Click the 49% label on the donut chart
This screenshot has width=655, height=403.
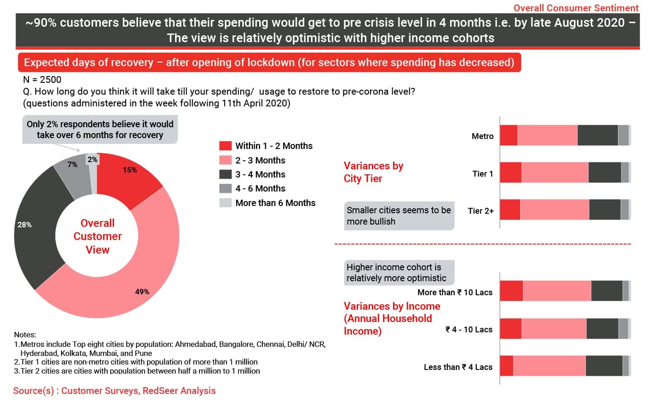pyautogui.click(x=142, y=292)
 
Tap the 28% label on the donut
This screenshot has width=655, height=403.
pyautogui.click(x=24, y=225)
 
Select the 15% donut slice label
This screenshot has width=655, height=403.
pyautogui.click(x=130, y=170)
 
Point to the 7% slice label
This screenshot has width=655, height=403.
pyautogui.click(x=72, y=164)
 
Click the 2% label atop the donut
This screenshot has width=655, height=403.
pyautogui.click(x=92, y=159)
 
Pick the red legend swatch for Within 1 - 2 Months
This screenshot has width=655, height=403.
pyautogui.click(x=225, y=146)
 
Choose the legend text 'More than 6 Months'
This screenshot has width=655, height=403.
pyautogui.click(x=275, y=203)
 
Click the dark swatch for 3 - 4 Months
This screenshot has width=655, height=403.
pyautogui.click(x=225, y=174)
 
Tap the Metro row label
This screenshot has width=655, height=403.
pyautogui.click(x=482, y=136)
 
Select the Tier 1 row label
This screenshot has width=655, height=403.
pyautogui.click(x=482, y=174)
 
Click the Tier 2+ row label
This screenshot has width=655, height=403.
pyautogui.click(x=480, y=211)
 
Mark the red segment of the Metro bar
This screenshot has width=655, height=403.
pyautogui.click(x=508, y=135)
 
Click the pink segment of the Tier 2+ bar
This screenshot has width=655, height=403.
pyautogui.click(x=555, y=210)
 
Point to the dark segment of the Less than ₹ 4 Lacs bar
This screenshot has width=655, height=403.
pyautogui.click(x=603, y=366)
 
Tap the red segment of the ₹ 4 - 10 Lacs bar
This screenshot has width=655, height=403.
pyautogui.click(x=511, y=329)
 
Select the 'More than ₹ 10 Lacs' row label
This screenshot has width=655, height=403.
pyautogui.click(x=455, y=293)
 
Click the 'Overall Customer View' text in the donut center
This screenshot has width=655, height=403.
pyautogui.click(x=98, y=236)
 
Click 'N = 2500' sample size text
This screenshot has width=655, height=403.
pyautogui.click(x=42, y=80)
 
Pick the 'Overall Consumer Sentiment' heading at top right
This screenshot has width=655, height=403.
pyautogui.click(x=576, y=8)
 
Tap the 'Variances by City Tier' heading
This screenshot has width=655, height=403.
pyautogui.click(x=373, y=172)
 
